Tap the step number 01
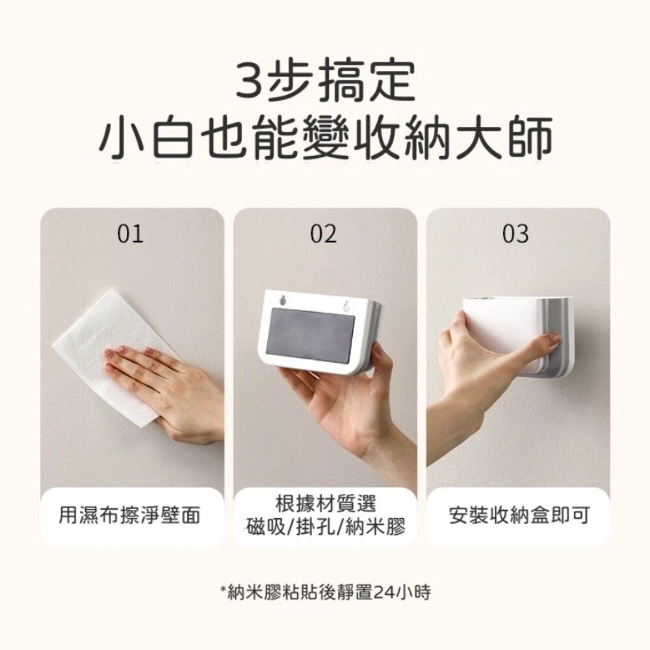pyautogui.click(x=130, y=234)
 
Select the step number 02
pyautogui.click(x=323, y=234)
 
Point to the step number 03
pyautogui.click(x=515, y=234)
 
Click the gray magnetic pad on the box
pyautogui.click(x=311, y=336)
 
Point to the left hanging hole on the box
pyautogui.click(x=283, y=299)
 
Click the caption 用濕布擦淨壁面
pyautogui.click(x=129, y=515)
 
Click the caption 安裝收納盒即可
pyautogui.click(x=519, y=515)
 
